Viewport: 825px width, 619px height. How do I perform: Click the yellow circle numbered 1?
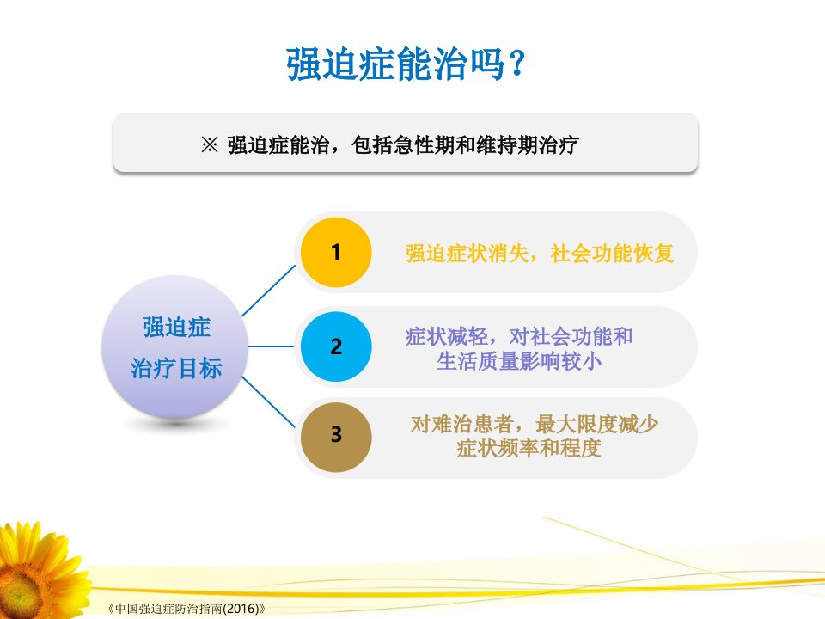pos(336,252)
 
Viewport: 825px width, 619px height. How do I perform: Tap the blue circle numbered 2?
pos(336,346)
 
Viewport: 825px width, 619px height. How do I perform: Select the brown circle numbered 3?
pos(336,437)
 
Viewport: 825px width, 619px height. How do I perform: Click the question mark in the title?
pos(516,64)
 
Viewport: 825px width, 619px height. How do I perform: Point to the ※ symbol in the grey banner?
pos(210,144)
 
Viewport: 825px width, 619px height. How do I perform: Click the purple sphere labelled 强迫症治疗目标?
pos(174,346)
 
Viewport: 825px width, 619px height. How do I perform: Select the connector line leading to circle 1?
pos(268,291)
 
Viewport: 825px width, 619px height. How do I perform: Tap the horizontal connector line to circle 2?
pos(271,346)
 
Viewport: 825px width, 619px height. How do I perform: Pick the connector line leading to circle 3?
pos(268,402)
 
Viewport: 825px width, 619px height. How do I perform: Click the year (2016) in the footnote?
pos(241,609)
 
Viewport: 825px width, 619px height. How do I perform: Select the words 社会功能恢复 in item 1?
pos(612,253)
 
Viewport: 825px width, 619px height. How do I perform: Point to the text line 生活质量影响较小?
pos(519,361)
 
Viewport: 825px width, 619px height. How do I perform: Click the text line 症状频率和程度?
pos(529,449)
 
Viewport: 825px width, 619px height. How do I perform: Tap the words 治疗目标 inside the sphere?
pos(176,367)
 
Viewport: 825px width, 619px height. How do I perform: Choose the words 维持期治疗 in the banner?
pos(528,144)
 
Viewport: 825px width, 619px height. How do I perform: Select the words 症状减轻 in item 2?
pos(447,336)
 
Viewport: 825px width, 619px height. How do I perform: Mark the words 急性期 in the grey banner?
pos(424,144)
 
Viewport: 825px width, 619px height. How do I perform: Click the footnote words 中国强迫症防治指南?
pos(168,609)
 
